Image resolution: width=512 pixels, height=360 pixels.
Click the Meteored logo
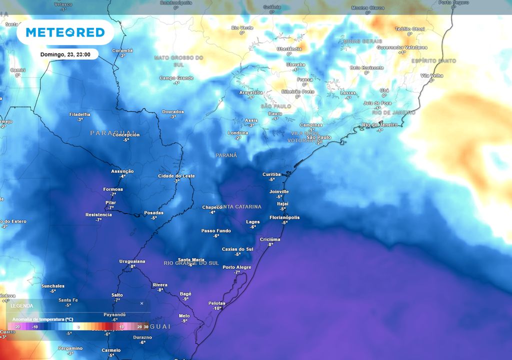[x=65, y=32]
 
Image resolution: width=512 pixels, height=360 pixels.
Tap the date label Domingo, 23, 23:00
[x=69, y=54]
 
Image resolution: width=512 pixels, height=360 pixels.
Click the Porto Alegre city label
[x=236, y=267]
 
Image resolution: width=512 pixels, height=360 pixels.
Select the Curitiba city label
[x=271, y=174]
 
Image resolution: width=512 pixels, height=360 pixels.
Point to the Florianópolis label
[x=284, y=217]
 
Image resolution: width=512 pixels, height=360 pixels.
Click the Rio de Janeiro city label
[x=379, y=124]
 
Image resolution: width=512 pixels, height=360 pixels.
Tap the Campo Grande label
[x=176, y=78]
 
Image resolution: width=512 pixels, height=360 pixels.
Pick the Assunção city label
[x=122, y=171]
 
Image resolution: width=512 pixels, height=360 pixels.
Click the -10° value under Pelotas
[x=216, y=308]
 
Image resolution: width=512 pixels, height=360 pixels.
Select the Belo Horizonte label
[x=366, y=67]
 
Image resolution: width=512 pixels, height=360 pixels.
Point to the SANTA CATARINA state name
[x=239, y=206]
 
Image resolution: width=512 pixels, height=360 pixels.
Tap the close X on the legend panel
[x=141, y=303]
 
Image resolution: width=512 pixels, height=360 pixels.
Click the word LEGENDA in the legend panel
[x=22, y=305]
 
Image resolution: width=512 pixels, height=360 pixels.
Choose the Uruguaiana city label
[x=132, y=261]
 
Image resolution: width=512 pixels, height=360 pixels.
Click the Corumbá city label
[x=122, y=50]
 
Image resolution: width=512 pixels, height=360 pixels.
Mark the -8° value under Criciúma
[x=270, y=244]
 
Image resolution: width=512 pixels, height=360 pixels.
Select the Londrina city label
[x=237, y=133]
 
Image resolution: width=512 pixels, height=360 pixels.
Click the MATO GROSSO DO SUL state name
[x=178, y=61]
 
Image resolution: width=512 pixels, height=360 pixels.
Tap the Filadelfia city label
[x=79, y=114]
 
